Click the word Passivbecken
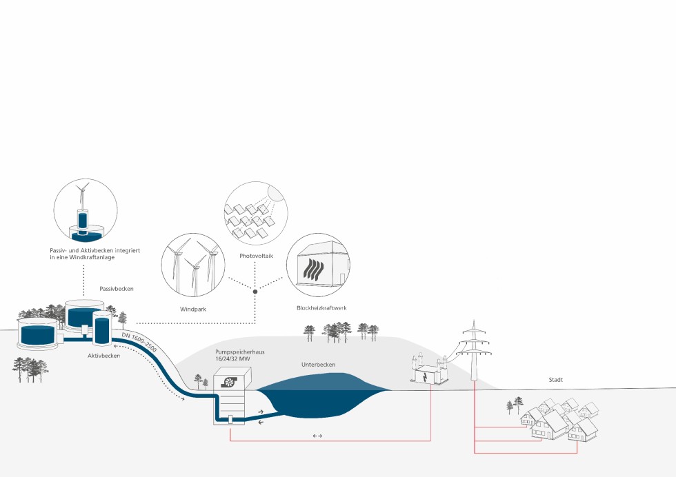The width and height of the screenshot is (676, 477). point(117,289)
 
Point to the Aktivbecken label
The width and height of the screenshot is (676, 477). point(104,356)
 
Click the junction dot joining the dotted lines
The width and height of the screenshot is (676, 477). point(255,292)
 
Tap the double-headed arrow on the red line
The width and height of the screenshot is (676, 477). point(317,436)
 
